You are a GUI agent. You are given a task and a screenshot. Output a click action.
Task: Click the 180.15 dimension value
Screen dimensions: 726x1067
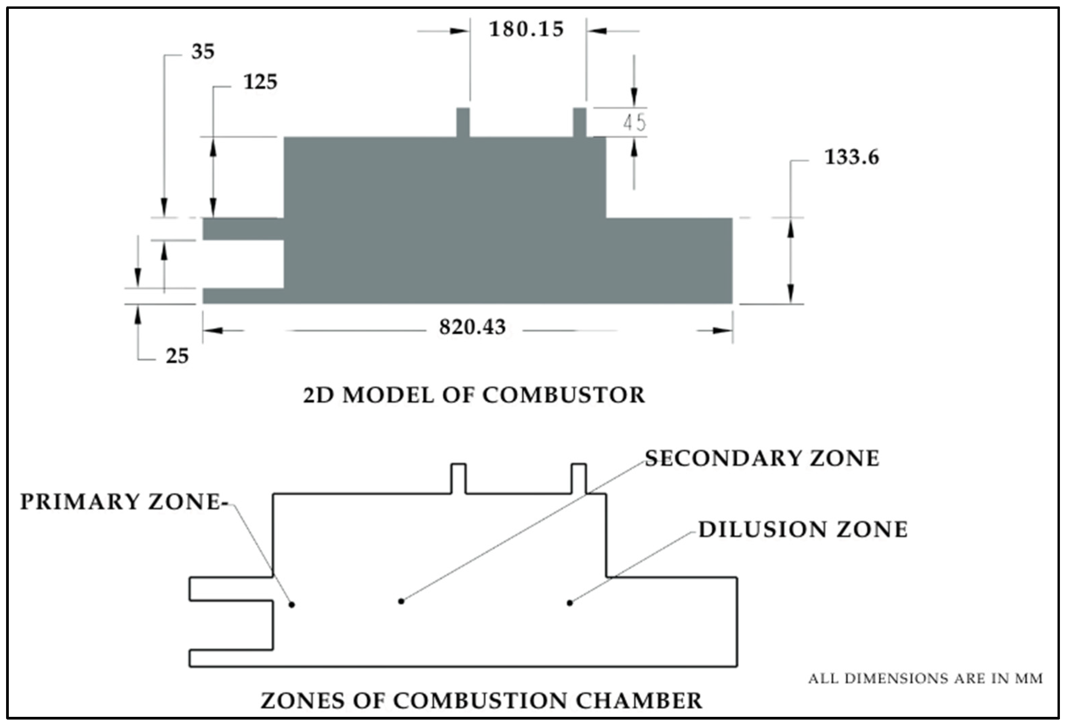click(x=526, y=30)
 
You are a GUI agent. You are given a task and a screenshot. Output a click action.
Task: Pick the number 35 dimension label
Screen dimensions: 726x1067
click(x=202, y=52)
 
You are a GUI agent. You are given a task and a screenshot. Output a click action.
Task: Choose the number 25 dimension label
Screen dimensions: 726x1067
click(x=177, y=356)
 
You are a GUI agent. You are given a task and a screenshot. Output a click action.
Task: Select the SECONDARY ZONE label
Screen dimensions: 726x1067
click(x=762, y=458)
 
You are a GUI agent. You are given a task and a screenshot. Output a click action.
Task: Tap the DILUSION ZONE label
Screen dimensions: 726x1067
click(x=803, y=529)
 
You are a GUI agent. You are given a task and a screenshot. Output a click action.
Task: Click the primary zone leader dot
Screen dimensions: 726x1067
click(x=291, y=605)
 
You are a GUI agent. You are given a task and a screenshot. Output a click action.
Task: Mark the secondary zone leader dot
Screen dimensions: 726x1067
click(x=401, y=601)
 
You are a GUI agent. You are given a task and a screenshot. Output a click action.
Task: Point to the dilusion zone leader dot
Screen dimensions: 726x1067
click(x=570, y=603)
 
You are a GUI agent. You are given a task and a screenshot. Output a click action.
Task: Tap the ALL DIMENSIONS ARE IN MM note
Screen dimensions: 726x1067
click(x=925, y=678)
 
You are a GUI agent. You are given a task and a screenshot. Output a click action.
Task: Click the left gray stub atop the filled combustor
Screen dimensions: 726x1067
click(x=463, y=122)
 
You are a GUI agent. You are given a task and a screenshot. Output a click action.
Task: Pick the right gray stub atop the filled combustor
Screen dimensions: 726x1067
click(x=579, y=122)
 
